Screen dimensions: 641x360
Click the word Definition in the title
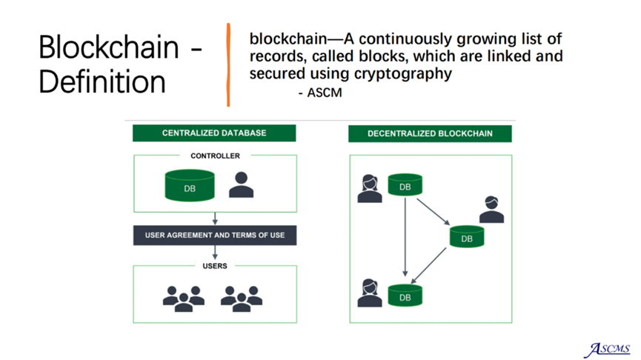[x=102, y=81]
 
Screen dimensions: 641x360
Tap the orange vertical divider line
[x=228, y=64]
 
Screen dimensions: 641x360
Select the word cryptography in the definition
[x=402, y=74]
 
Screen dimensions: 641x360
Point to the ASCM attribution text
[x=320, y=93]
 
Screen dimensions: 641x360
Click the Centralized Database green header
[x=214, y=133]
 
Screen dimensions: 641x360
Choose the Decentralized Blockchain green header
[x=430, y=133]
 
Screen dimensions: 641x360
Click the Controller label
[x=215, y=156]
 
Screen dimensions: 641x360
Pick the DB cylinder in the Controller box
[x=190, y=185]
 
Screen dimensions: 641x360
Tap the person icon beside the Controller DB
[x=241, y=184]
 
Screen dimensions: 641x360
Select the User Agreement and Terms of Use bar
[x=215, y=236]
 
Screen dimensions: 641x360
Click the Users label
[x=215, y=266]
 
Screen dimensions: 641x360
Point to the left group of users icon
[x=184, y=299]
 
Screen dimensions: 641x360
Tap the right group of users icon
[x=242, y=299]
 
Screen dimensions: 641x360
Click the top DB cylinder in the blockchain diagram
[x=405, y=184]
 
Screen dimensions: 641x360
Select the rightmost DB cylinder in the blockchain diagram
[x=467, y=236]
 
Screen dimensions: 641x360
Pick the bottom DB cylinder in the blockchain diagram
[x=405, y=296]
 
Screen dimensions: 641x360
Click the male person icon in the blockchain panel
[x=491, y=210]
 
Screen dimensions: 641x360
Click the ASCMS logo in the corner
[x=607, y=350]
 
